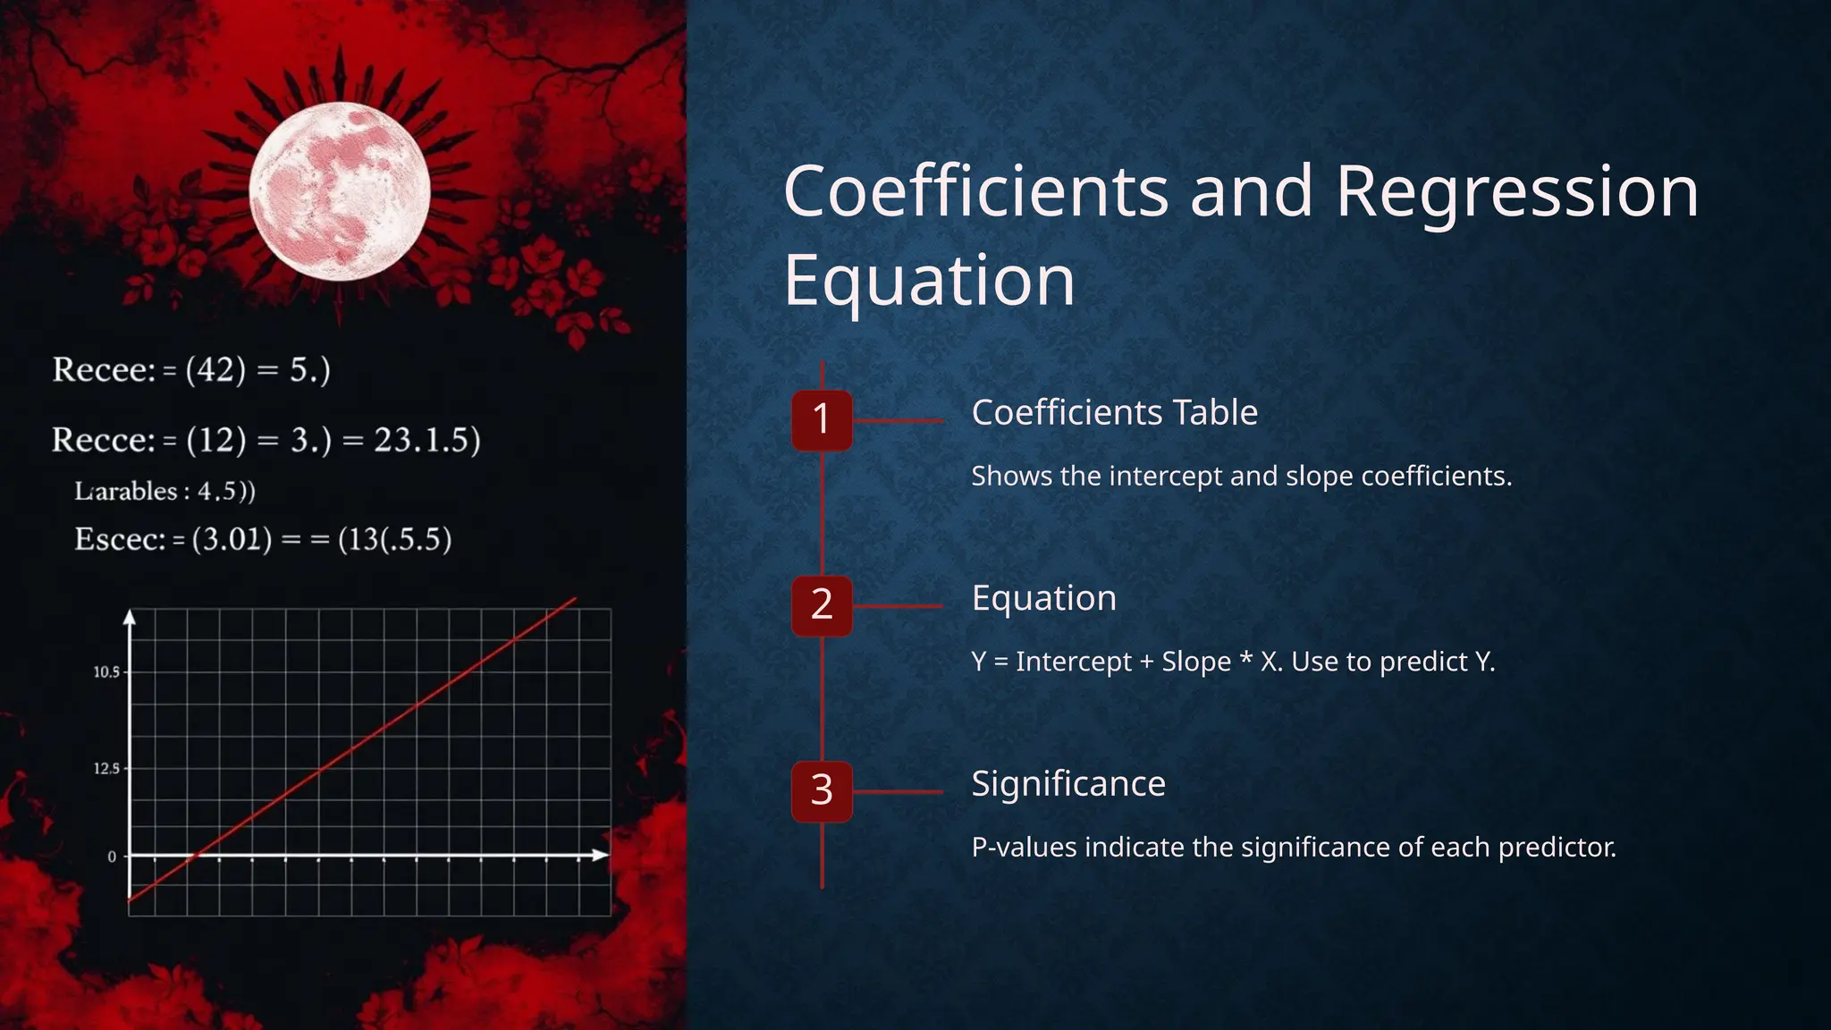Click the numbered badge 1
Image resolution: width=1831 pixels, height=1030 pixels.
click(822, 420)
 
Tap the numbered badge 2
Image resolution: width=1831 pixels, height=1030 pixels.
click(822, 605)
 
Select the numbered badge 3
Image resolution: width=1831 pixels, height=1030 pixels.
click(822, 791)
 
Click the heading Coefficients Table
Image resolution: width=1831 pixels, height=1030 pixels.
click(1114, 413)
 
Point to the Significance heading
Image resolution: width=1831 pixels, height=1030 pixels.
click(1068, 784)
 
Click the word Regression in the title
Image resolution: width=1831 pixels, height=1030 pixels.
click(1516, 191)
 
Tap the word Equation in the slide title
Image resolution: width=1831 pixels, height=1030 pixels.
click(929, 280)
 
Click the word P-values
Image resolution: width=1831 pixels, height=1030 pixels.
click(1024, 847)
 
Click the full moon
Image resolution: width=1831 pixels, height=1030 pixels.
click(340, 191)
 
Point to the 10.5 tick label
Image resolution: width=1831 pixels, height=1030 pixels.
click(106, 672)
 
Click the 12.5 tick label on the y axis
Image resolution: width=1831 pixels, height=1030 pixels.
click(106, 769)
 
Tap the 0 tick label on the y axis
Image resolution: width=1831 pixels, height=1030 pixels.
click(112, 857)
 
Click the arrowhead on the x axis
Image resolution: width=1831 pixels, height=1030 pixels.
click(599, 856)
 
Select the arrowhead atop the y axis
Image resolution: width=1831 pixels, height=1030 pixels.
click(130, 617)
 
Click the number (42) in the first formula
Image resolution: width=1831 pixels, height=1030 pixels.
click(215, 369)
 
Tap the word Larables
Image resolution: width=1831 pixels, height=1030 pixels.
click(126, 492)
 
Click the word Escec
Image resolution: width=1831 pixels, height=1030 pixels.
click(120, 539)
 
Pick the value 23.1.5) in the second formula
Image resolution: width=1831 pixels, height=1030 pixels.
click(427, 440)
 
